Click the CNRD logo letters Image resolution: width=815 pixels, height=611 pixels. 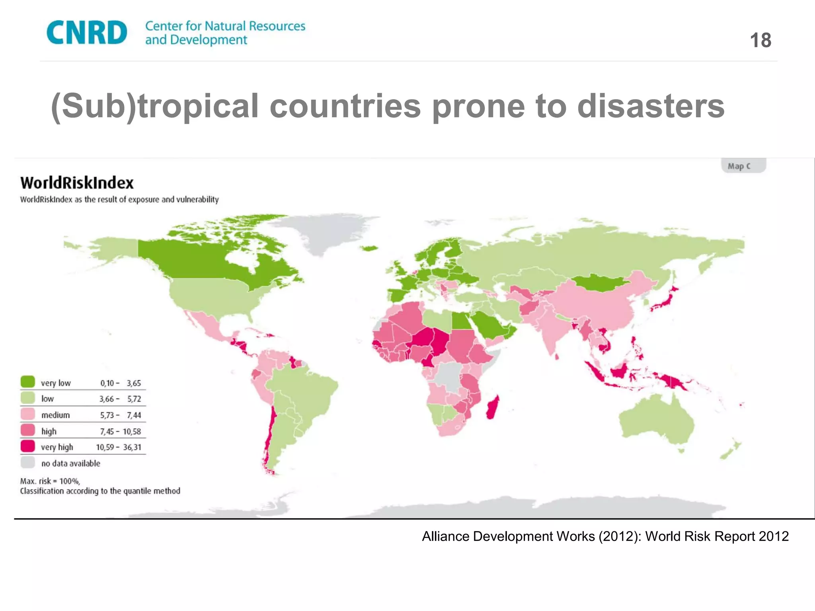(x=87, y=33)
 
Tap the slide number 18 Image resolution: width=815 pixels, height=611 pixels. (x=760, y=40)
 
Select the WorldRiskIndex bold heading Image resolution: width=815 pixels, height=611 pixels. (x=77, y=183)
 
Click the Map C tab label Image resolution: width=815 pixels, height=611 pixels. (x=739, y=166)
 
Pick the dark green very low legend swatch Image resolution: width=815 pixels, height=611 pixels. (x=27, y=382)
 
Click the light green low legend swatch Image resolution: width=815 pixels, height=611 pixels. (x=27, y=398)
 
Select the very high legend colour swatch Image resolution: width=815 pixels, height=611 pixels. (x=27, y=446)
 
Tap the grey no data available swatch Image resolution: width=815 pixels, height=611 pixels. (x=27, y=463)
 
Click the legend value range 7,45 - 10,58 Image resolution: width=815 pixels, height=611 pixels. (x=120, y=431)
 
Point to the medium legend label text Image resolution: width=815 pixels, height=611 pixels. (x=55, y=415)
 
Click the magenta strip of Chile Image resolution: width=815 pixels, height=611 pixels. (x=272, y=430)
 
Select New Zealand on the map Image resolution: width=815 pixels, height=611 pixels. (x=730, y=451)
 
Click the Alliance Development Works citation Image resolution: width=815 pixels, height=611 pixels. (x=605, y=536)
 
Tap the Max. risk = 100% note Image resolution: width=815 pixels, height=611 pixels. (x=50, y=481)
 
